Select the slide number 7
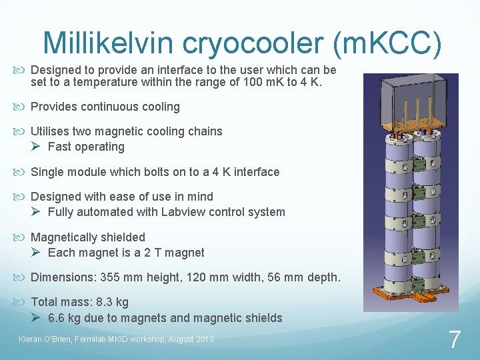[x=454, y=340]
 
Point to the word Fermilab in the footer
[x=99, y=339]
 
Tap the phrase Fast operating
[x=86, y=147]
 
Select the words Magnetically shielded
[x=88, y=237]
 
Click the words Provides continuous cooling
[x=105, y=107]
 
